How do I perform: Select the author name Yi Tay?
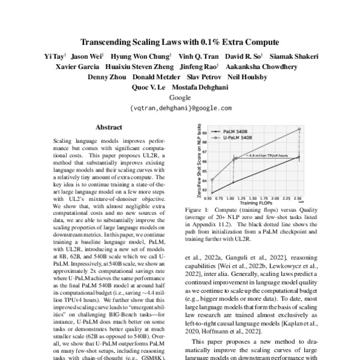[x=55, y=56]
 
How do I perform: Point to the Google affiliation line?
[x=180, y=97]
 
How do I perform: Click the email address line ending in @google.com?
[x=180, y=108]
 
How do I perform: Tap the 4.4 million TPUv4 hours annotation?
[x=266, y=155]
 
